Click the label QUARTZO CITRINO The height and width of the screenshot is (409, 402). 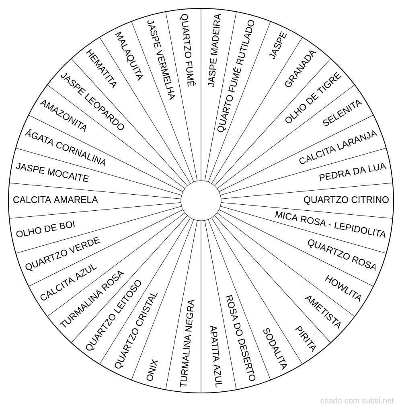tap(346, 200)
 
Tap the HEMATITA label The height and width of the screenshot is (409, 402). tap(101, 69)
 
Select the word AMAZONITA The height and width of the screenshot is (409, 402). tap(63, 116)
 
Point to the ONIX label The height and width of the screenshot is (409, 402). tap(152, 370)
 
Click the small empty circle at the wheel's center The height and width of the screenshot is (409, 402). tap(201, 200)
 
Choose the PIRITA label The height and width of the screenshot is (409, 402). tap(306, 339)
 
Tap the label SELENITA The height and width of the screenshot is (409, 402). tap(342, 113)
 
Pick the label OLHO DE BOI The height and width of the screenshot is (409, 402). tap(46, 229)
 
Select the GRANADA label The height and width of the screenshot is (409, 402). tap(300, 69)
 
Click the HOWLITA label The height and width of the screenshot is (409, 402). tap(343, 288)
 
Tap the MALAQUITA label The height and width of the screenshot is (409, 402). tap(129, 56)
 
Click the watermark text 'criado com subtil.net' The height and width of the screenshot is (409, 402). tap(357, 401)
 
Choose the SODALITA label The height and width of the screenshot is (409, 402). tap(275, 349)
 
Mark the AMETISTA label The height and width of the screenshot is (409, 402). tap(323, 312)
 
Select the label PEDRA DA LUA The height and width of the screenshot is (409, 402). tap(353, 172)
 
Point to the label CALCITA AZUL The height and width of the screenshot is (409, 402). tap(69, 282)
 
